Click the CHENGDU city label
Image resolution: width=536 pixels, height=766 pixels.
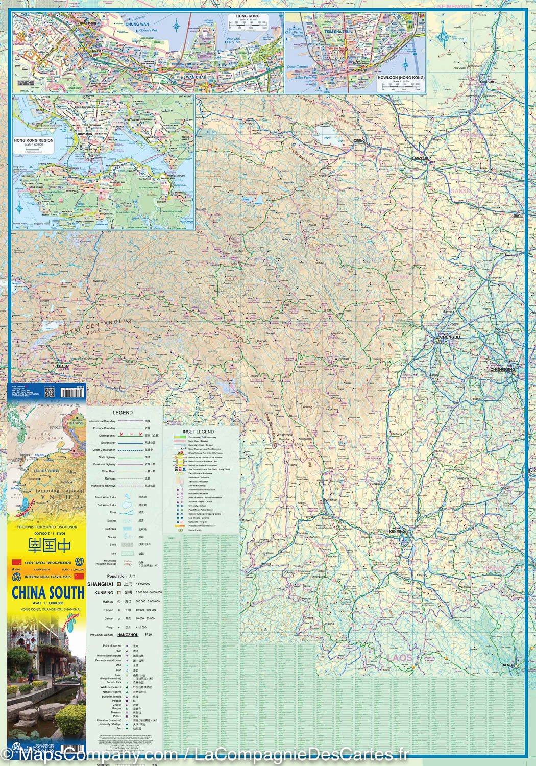[450, 338]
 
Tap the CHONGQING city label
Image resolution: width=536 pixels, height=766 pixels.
[503, 370]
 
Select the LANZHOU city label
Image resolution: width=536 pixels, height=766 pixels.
[421, 158]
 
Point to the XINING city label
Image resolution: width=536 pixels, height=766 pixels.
[359, 140]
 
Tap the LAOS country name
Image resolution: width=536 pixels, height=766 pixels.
[399, 657]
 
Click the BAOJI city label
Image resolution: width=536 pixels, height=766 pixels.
[518, 216]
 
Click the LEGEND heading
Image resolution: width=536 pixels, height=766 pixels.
[123, 413]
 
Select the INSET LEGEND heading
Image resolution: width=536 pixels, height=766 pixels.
[199, 432]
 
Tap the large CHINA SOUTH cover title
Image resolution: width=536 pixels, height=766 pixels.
[47, 593]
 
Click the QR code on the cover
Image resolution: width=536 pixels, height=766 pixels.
[50, 392]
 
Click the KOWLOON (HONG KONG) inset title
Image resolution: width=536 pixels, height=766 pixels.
[401, 78]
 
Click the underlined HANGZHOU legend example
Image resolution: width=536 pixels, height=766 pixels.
[128, 635]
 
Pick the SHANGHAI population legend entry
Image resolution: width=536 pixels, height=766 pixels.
[100, 584]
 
